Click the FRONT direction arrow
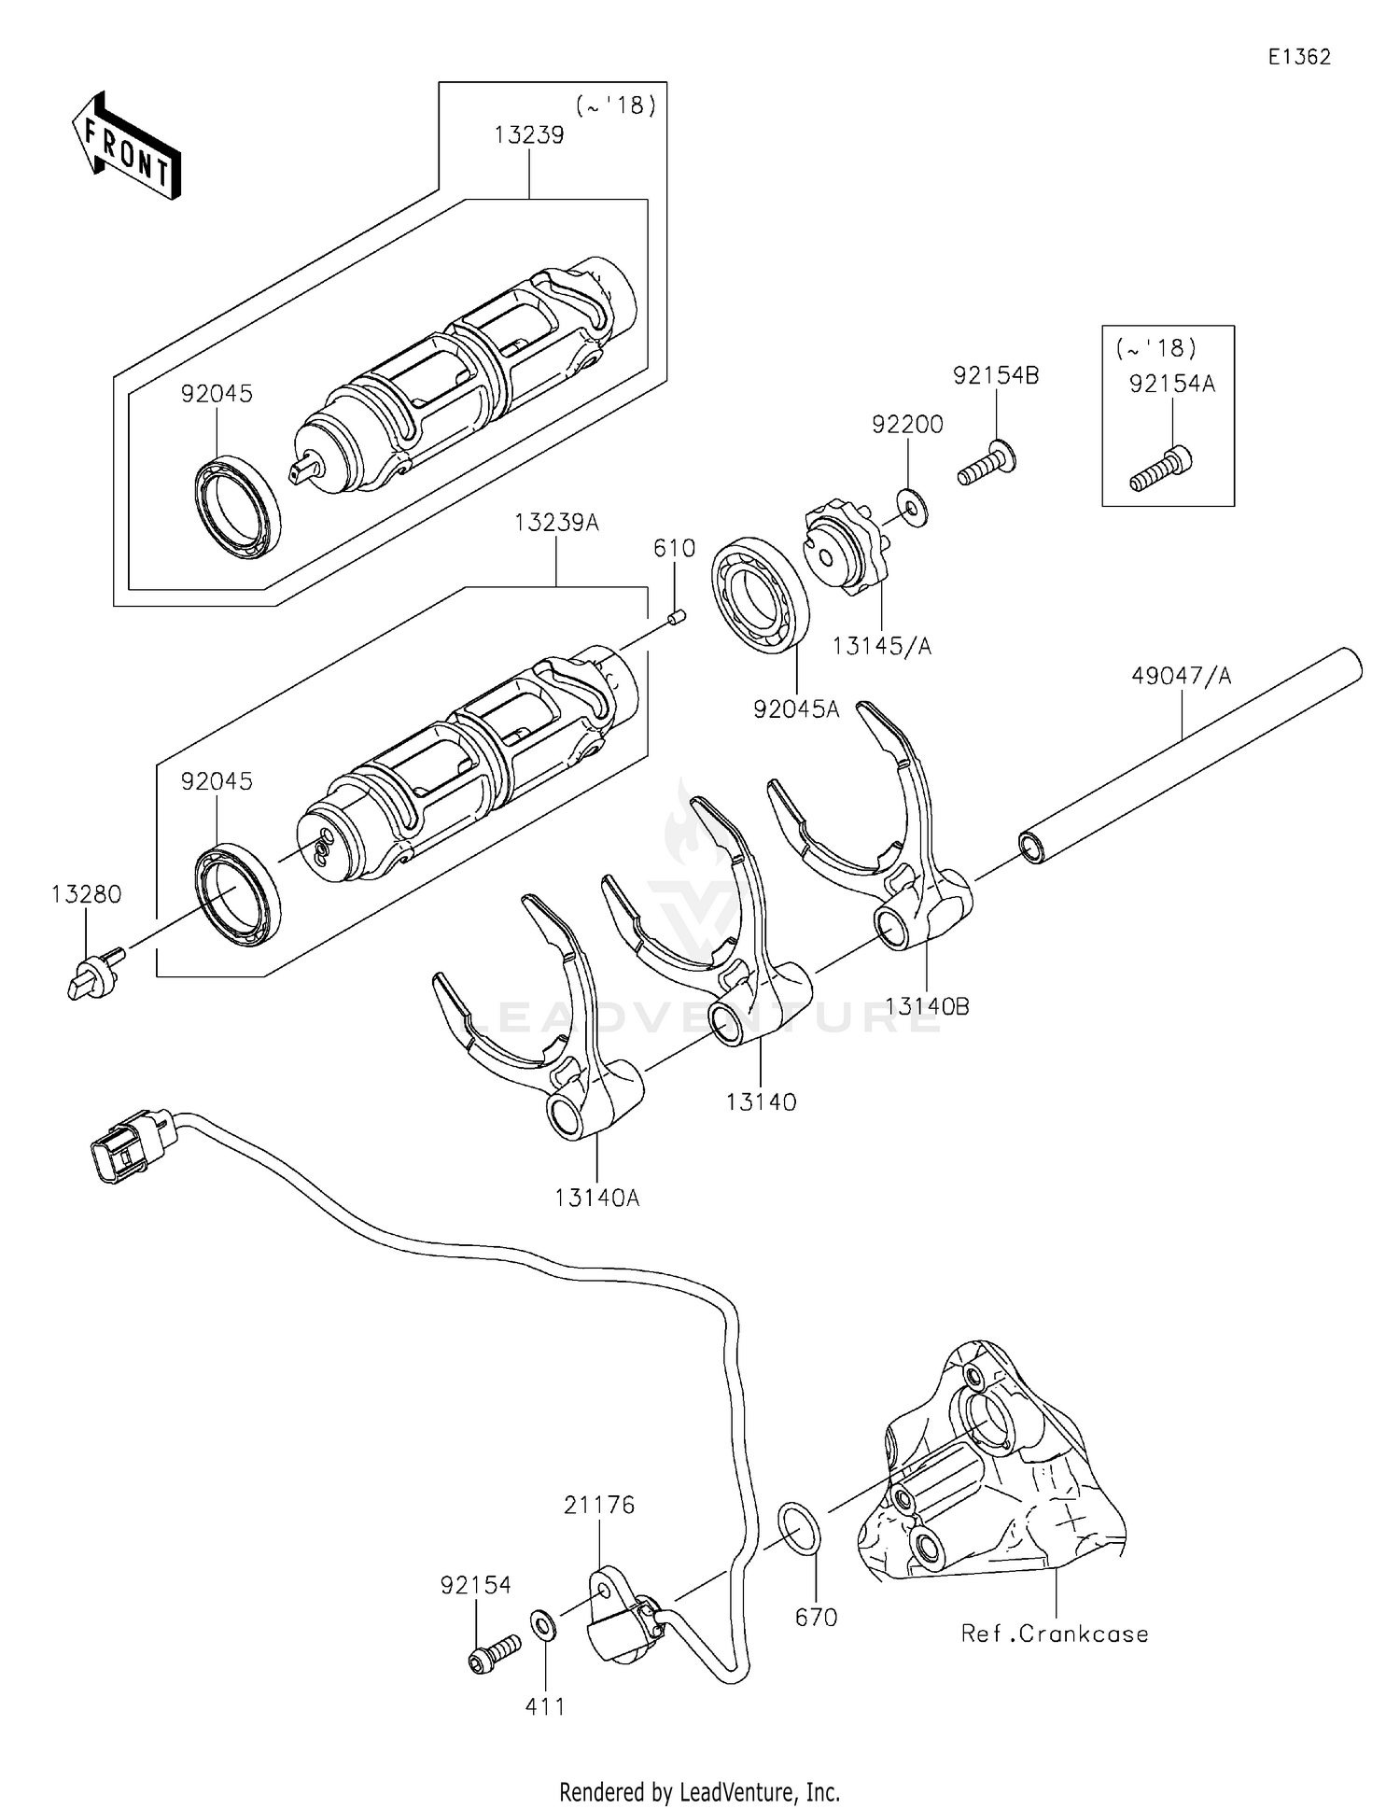tap(125, 146)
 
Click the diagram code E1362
tap(1299, 57)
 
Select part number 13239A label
tap(556, 523)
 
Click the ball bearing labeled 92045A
tap(761, 595)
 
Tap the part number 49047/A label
tap(1181, 676)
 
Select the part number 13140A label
tap(596, 1198)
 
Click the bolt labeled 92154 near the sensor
tap(494, 1651)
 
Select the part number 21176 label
tap(598, 1506)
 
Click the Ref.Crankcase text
tap(1055, 1634)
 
